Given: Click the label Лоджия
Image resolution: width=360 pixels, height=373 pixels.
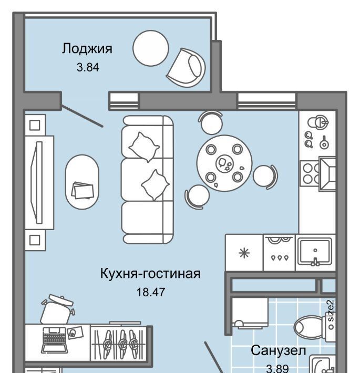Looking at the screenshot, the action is [x=87, y=49].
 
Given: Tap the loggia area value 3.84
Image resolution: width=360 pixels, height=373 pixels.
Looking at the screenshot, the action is [x=88, y=67].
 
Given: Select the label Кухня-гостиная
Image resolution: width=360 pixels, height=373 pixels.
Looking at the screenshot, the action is [x=150, y=274].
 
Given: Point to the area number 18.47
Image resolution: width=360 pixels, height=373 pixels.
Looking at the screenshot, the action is [x=151, y=292].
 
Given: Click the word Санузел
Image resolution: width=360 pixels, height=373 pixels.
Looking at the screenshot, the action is [x=278, y=350].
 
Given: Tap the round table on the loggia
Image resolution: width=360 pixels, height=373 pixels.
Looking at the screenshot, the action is [x=151, y=48].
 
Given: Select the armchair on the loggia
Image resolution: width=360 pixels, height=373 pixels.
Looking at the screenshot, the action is [x=186, y=67].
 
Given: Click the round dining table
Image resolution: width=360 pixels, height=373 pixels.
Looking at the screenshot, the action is [x=224, y=163].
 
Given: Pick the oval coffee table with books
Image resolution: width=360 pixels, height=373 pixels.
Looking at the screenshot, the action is [x=82, y=182].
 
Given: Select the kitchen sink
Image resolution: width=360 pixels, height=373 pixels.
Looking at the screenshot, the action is [x=315, y=252].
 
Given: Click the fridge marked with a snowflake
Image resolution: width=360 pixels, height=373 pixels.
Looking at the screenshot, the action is [x=244, y=253].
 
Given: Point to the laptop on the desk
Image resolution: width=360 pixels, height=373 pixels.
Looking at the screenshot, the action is [x=55, y=340].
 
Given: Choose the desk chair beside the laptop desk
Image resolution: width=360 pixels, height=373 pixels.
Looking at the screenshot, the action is [x=57, y=309].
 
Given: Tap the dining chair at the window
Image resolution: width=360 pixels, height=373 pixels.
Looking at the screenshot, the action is [x=211, y=122].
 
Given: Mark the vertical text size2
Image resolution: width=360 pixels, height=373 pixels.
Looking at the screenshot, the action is [x=331, y=311].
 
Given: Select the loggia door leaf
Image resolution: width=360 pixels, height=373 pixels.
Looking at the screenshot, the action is [x=83, y=116].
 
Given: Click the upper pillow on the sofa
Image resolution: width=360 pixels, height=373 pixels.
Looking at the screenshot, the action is [x=144, y=147].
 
